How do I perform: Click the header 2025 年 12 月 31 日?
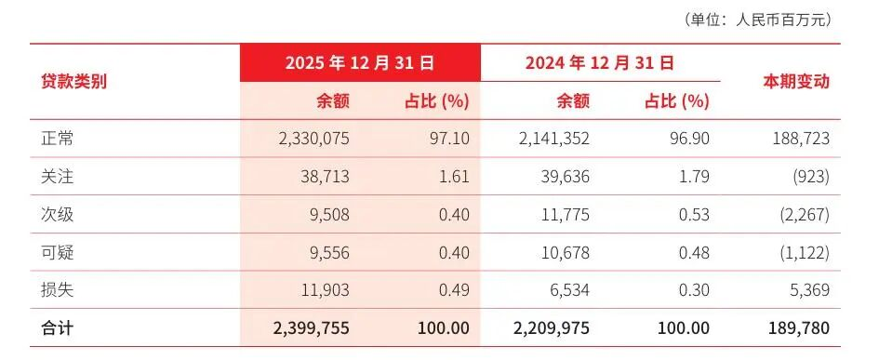(360, 63)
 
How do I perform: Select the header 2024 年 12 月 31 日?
(599, 63)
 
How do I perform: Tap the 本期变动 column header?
(796, 82)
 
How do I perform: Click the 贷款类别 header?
(74, 82)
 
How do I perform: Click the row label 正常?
(57, 139)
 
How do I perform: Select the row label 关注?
(57, 177)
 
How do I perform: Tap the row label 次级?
(57, 215)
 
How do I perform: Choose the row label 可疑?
(57, 252)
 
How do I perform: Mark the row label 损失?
(57, 290)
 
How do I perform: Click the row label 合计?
(57, 328)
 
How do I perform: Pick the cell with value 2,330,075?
(314, 139)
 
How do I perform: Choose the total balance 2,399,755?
(311, 328)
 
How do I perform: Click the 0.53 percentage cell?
(692, 215)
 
